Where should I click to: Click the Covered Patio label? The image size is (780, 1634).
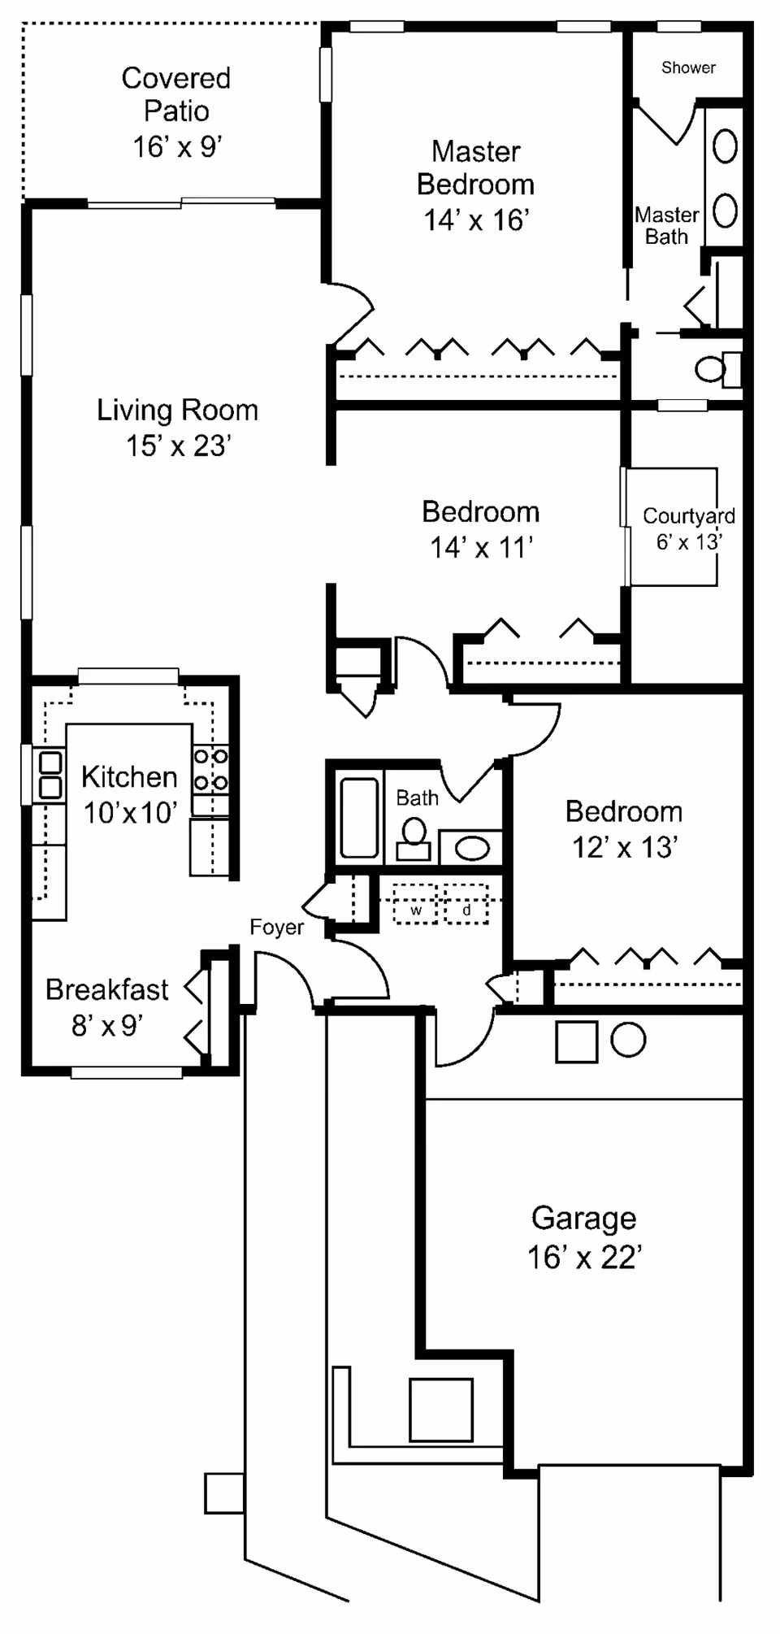[176, 94]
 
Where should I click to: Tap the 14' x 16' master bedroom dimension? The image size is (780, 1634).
[476, 220]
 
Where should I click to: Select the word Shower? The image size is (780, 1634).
[688, 68]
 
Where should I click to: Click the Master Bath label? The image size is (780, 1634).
[666, 226]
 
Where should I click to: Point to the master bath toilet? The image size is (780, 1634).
[715, 370]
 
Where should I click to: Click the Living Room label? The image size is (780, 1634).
[177, 411]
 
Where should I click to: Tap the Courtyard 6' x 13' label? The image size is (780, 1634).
[688, 528]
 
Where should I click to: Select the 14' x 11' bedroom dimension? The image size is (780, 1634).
[481, 548]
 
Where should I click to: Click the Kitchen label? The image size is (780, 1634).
[129, 777]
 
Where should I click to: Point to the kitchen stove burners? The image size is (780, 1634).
[210, 769]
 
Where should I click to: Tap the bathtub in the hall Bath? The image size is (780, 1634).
[358, 817]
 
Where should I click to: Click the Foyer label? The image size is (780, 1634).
[277, 928]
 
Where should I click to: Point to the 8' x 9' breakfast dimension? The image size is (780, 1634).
[107, 1026]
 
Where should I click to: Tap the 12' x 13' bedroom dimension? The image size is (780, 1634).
[624, 848]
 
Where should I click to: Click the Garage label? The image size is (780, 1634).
[583, 1219]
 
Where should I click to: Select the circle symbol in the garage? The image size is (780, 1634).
[628, 1040]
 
